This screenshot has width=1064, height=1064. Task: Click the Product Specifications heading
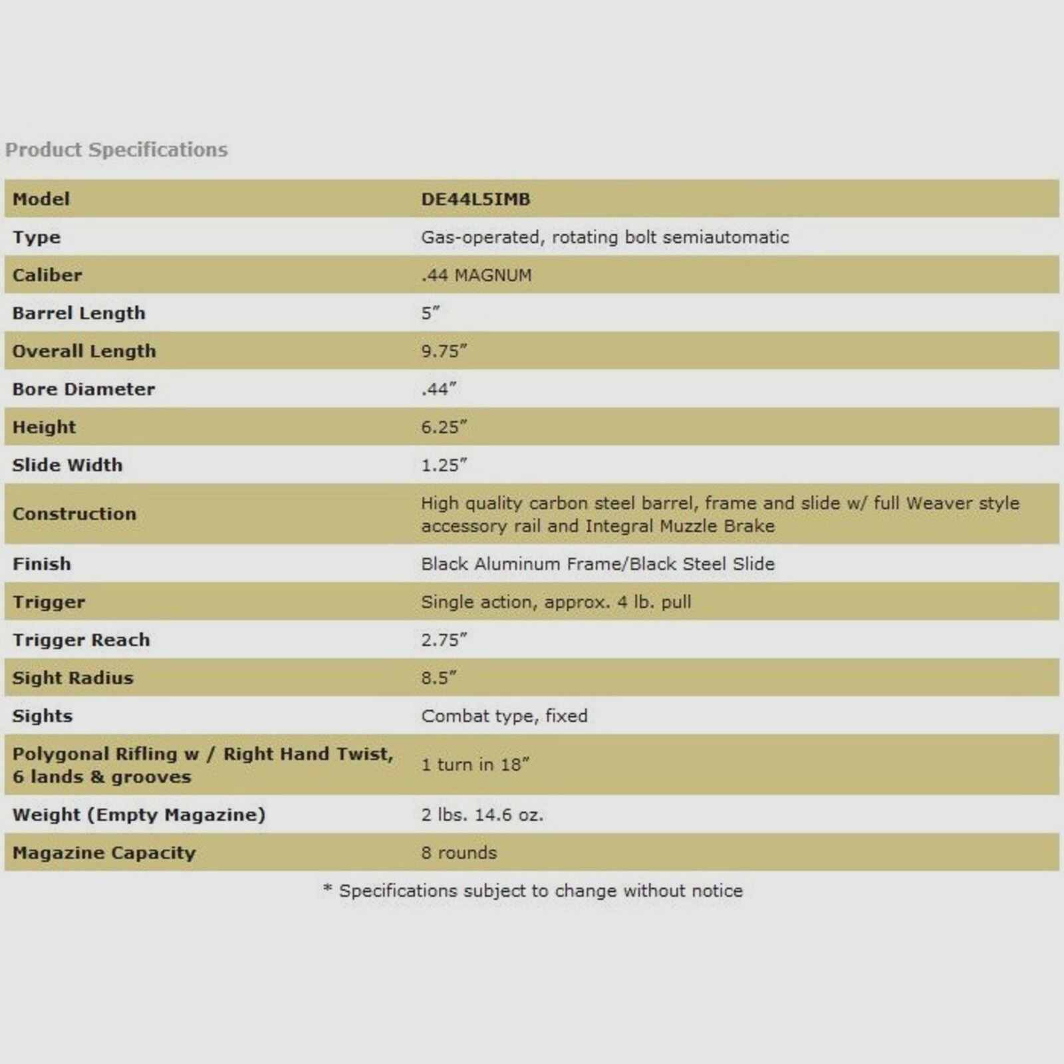pyautogui.click(x=116, y=150)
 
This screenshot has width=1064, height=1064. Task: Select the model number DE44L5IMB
pyautogui.click(x=475, y=199)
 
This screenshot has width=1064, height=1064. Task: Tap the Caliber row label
pyautogui.click(x=47, y=275)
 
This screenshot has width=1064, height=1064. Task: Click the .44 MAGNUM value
pyautogui.click(x=476, y=275)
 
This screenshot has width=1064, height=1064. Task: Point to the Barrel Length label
pyautogui.click(x=78, y=313)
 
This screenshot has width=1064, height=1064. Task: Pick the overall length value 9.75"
pyautogui.click(x=444, y=350)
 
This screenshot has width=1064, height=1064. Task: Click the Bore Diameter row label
pyautogui.click(x=84, y=389)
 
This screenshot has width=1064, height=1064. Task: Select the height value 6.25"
pyautogui.click(x=444, y=427)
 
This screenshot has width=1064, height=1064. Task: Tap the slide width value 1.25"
pyautogui.click(x=444, y=465)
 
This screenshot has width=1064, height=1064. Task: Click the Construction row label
pyautogui.click(x=74, y=513)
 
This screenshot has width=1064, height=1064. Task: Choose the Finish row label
pyautogui.click(x=42, y=564)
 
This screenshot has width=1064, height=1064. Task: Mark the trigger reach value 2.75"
pyautogui.click(x=444, y=640)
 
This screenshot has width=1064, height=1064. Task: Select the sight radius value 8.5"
pyautogui.click(x=438, y=678)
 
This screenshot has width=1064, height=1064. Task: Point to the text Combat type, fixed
pyautogui.click(x=504, y=716)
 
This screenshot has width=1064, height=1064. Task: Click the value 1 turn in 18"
pyautogui.click(x=475, y=764)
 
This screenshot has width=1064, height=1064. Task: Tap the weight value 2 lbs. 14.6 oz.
pyautogui.click(x=482, y=815)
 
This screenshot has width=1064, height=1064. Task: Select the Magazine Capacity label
pyautogui.click(x=104, y=853)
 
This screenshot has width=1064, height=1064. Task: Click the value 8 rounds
pyautogui.click(x=459, y=853)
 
